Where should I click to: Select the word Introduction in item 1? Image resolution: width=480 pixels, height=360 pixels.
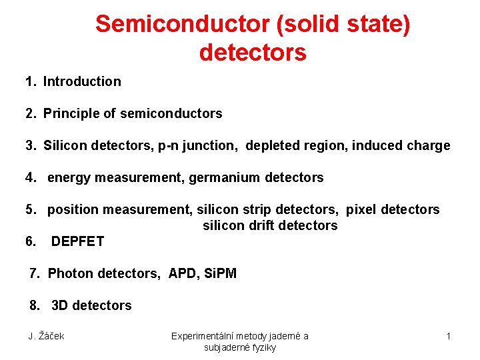pos(82,82)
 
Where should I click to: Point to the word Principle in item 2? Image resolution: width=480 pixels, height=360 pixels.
pos(71,114)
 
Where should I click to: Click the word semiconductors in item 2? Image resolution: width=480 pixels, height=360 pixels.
pos(171,114)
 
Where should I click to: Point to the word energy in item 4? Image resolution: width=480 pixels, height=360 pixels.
pos(69,178)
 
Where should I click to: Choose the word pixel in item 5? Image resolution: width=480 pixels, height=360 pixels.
pos(361,210)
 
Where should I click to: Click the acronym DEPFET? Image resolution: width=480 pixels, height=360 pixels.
pos(77,242)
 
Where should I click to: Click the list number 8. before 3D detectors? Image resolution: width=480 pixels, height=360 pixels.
pos(35,306)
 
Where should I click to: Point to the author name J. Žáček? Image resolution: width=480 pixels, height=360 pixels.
pos(46,336)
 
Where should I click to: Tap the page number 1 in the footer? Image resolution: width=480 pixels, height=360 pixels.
pos(449,336)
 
